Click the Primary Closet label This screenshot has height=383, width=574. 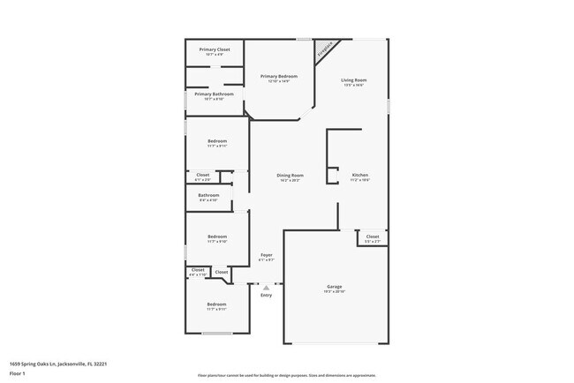point(215,49)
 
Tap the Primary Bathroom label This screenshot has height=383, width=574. point(215,94)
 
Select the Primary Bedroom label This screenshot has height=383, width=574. point(278,77)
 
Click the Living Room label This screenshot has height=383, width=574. point(354,80)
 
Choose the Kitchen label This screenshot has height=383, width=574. point(360,175)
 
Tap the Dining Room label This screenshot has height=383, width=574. point(291,175)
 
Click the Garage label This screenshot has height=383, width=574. point(335,287)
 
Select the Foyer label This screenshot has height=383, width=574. point(266,255)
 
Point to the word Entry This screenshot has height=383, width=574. point(266,295)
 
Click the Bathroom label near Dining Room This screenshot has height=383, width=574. point(208,195)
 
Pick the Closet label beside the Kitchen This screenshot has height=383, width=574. point(373,236)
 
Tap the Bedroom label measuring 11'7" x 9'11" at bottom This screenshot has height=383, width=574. point(217,304)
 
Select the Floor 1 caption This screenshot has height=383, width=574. point(18,373)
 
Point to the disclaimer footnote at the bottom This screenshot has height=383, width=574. point(287,375)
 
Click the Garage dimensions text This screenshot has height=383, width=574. point(335,292)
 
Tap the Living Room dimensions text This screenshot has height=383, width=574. point(354,86)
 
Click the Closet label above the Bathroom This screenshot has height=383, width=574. point(202,175)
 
